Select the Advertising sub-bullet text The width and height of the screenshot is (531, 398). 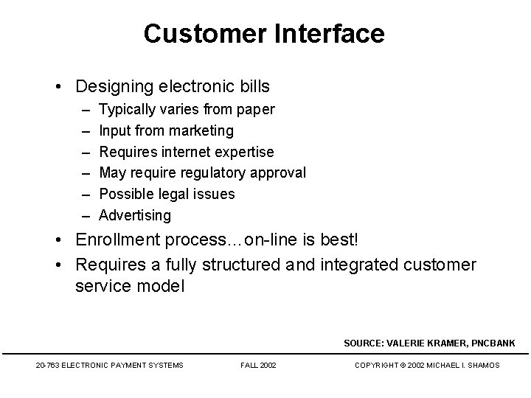point(135,215)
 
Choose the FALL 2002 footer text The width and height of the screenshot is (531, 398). point(258,365)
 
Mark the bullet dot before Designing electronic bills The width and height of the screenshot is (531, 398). point(59,87)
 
